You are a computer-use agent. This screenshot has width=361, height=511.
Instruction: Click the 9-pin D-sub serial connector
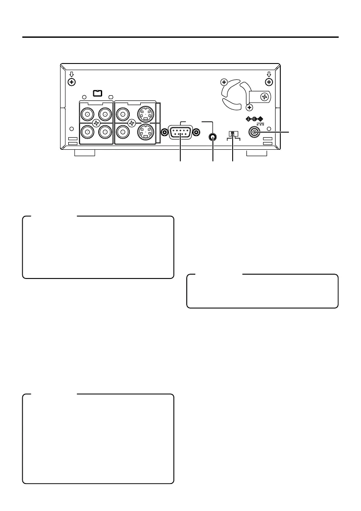[180, 133]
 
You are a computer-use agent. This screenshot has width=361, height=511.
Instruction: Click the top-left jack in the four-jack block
[88, 114]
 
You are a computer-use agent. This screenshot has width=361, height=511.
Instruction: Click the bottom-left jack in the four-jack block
[88, 133]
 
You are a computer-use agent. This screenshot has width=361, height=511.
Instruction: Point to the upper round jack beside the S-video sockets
[122, 114]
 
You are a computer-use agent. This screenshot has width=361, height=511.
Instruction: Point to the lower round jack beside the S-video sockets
[122, 133]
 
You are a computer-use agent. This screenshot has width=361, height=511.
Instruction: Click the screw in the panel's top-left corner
[72, 82]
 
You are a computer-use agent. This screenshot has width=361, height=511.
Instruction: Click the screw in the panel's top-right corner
[269, 82]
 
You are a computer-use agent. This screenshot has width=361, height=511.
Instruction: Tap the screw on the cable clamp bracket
[265, 98]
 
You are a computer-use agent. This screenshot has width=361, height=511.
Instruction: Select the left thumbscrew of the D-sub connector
[164, 133]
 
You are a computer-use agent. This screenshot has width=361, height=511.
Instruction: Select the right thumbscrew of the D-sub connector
[197, 133]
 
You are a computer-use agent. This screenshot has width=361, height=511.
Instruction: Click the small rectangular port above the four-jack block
[97, 93]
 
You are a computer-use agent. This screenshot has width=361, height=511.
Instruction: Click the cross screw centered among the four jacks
[96, 124]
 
